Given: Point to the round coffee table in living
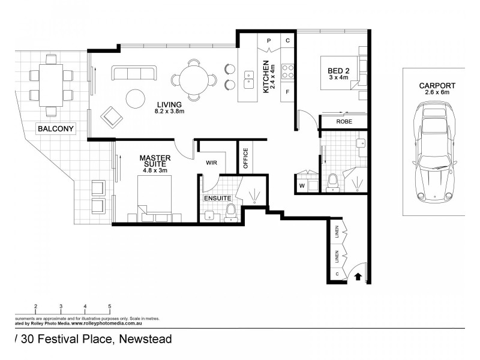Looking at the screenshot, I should (x=135, y=97).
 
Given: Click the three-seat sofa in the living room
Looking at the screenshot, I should (x=133, y=74).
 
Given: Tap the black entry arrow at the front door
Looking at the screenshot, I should (x=358, y=277).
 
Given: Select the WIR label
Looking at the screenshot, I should (x=211, y=162).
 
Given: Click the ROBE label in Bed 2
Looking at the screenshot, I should (x=344, y=122).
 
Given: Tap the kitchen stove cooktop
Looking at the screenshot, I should (x=287, y=71).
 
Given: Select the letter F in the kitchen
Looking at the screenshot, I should (x=287, y=92).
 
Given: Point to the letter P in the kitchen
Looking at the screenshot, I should (x=269, y=41).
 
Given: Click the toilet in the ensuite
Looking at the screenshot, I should (x=229, y=211).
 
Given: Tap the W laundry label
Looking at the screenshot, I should (x=301, y=185).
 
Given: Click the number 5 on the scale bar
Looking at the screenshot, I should (x=109, y=306).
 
